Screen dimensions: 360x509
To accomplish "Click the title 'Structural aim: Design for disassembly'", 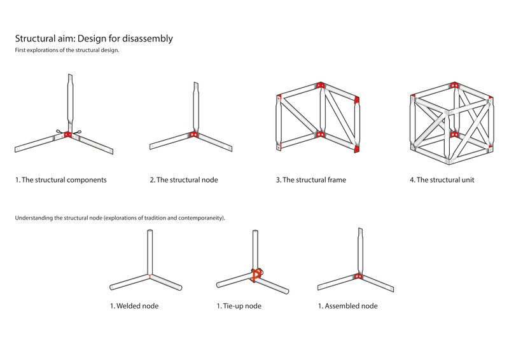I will click(94, 39).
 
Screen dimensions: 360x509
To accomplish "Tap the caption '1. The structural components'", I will click(61, 180).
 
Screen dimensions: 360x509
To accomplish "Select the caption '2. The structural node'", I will click(184, 180).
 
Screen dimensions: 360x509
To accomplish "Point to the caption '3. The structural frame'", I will click(311, 180).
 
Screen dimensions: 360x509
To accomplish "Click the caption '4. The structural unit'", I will click(442, 180).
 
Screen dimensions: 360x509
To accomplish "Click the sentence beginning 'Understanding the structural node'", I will click(120, 218).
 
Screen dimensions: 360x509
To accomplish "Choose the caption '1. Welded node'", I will click(134, 306).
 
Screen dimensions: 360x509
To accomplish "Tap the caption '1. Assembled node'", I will click(348, 306).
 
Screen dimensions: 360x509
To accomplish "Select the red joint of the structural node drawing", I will click(193, 135).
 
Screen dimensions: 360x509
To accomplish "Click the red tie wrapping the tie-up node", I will click(256, 274).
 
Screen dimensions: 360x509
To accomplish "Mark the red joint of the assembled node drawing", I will click(358, 277).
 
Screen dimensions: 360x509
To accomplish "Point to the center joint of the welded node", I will click(150, 275).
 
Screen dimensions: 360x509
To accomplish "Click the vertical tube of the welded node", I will click(150, 252).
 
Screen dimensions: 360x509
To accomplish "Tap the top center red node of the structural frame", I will click(321, 86).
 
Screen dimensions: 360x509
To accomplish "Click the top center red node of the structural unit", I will click(453, 85).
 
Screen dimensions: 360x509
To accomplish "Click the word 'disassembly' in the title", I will click(148, 39).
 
